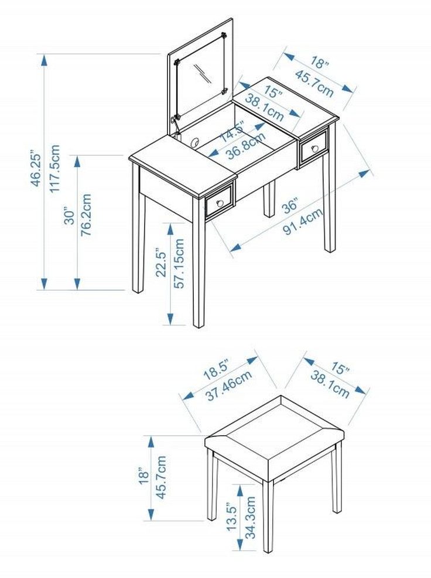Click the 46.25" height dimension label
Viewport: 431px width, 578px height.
click(36, 168)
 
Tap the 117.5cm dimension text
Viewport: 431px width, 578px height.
click(54, 168)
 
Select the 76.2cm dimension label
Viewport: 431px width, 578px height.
click(85, 215)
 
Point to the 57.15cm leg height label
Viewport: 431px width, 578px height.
click(179, 263)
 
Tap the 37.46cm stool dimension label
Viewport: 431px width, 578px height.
click(229, 386)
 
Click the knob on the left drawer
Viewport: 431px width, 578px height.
click(220, 203)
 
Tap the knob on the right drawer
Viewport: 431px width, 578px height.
click(315, 149)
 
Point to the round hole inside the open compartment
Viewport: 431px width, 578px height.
click(195, 142)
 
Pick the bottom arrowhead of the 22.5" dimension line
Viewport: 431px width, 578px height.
click(170, 319)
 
